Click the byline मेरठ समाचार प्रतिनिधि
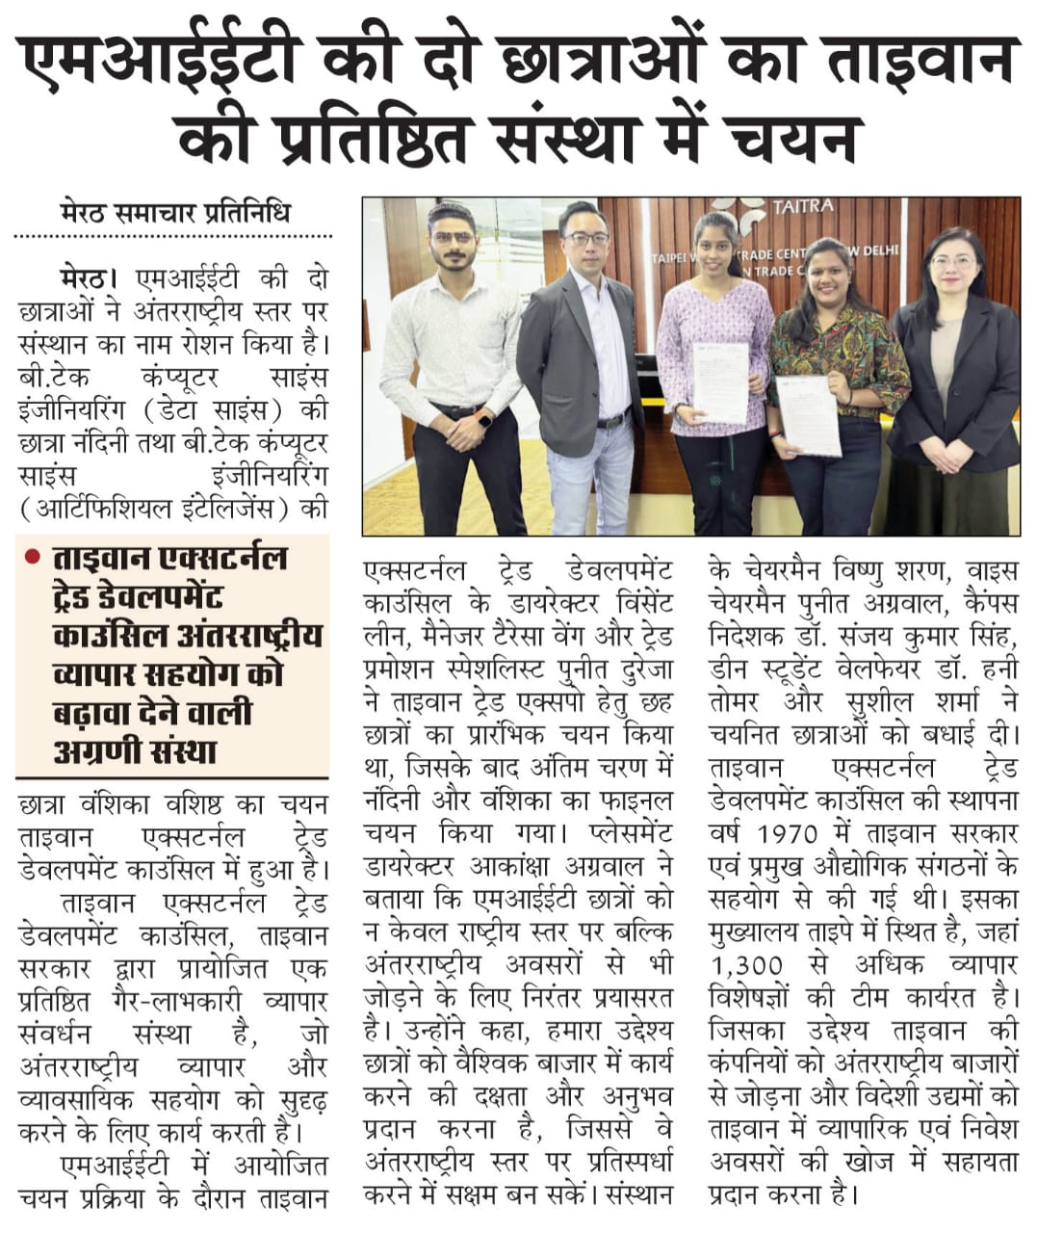tap(173, 212)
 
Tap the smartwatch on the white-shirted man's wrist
tap(483, 420)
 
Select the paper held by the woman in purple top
tap(720, 380)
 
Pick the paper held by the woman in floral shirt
tap(810, 414)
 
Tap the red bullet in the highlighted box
tap(33, 556)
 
